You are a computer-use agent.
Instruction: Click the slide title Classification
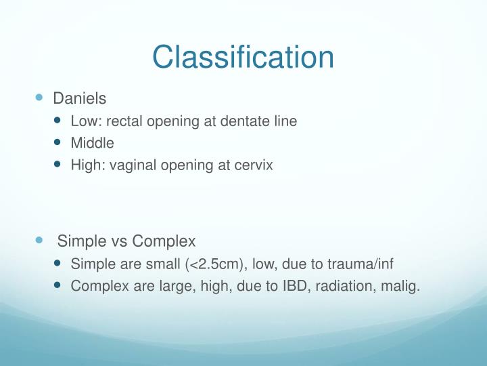pyautogui.click(x=243, y=57)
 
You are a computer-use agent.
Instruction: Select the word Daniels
pyautogui.click(x=80, y=98)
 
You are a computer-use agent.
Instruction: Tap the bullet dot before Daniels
pyautogui.click(x=39, y=98)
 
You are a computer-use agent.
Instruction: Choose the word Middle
pyautogui.click(x=93, y=143)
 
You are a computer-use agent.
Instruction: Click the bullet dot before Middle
pyautogui.click(x=57, y=143)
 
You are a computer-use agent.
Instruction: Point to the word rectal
pyautogui.click(x=124, y=121)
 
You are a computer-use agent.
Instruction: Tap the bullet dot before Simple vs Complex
pyautogui.click(x=39, y=241)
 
